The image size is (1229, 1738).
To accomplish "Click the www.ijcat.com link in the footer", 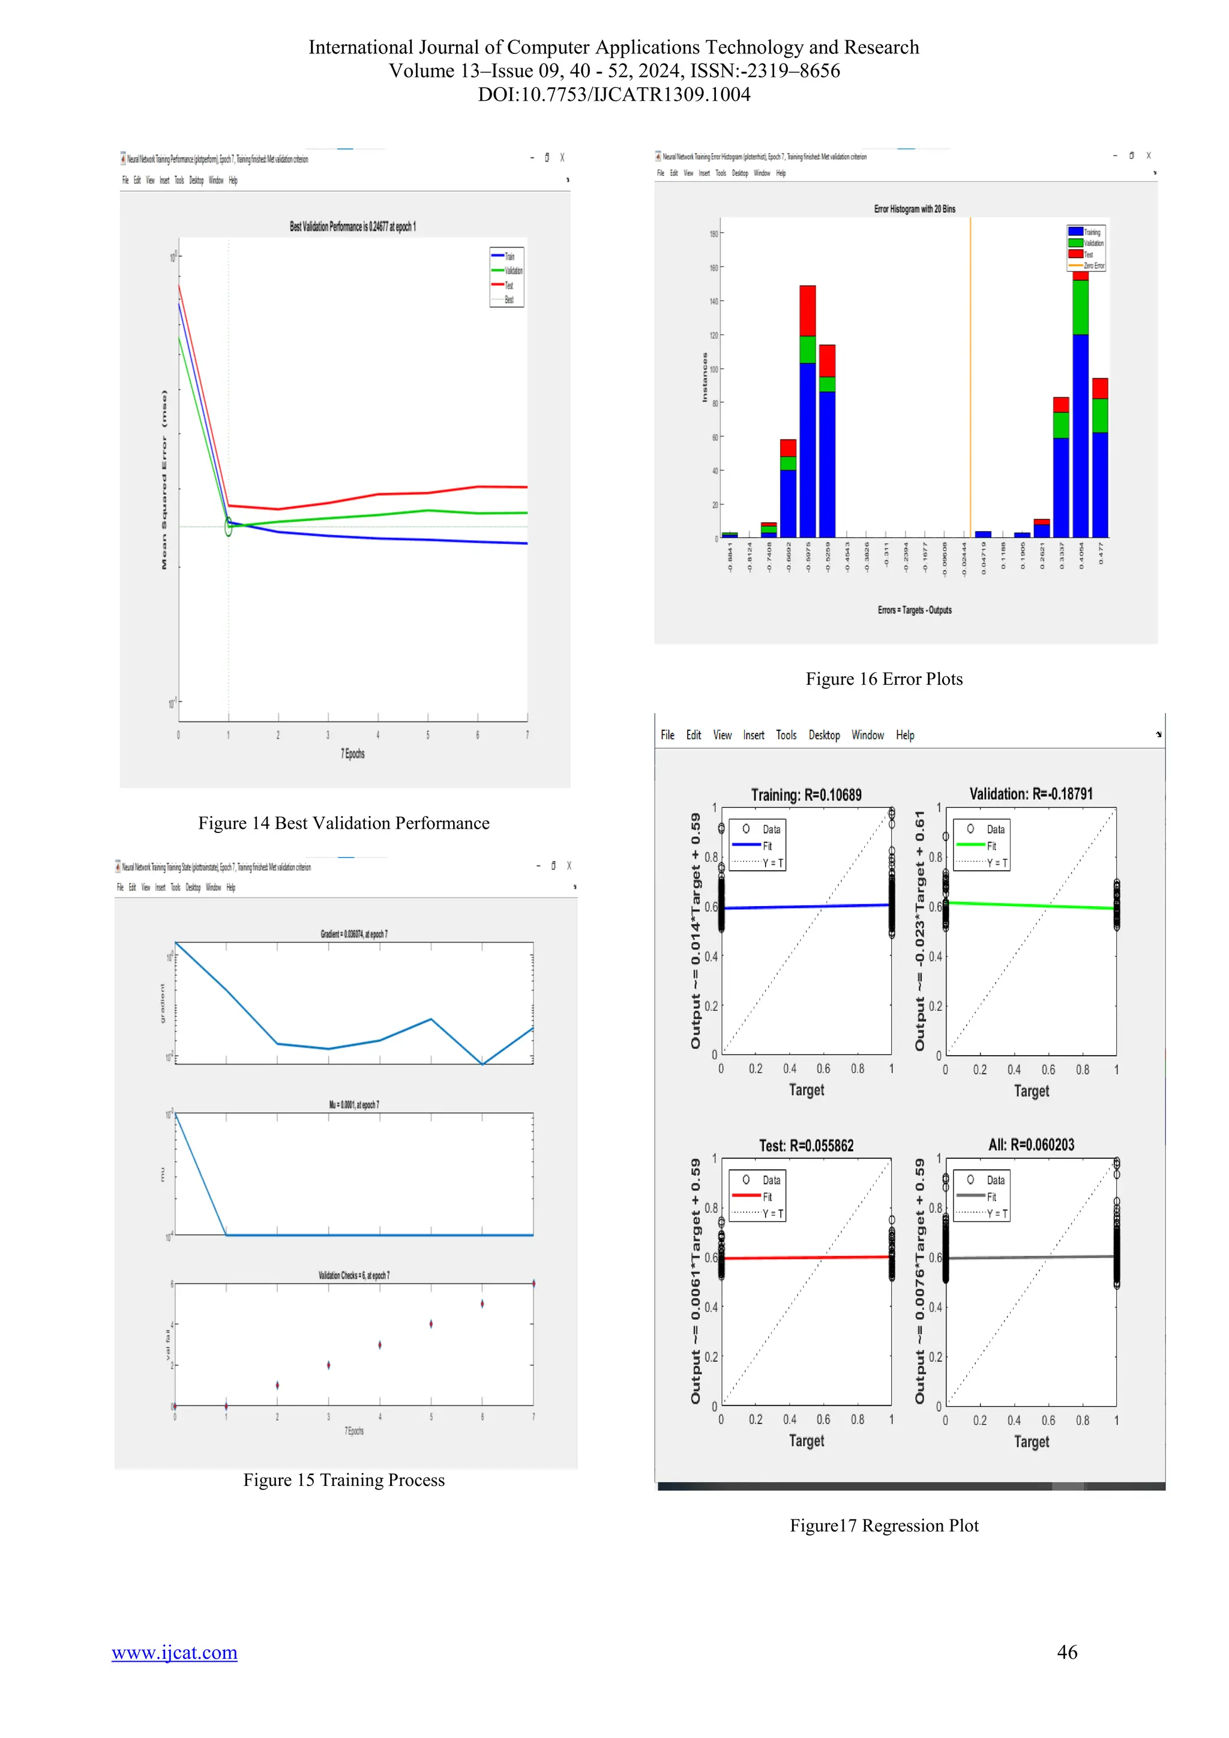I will (x=174, y=1652).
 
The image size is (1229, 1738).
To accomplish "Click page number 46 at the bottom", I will (x=1067, y=1652).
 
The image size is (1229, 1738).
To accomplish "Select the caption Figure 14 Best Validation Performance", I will (x=344, y=823).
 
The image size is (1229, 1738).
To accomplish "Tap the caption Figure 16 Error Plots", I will (x=884, y=679).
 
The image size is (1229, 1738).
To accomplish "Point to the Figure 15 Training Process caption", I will (x=344, y=1480).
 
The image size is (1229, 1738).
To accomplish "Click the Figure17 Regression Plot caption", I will (x=884, y=1526).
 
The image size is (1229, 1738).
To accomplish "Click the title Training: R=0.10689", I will (x=806, y=795).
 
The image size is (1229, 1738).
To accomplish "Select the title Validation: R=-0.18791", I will (x=1031, y=794).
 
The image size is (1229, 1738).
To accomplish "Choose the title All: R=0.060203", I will (x=1031, y=1144).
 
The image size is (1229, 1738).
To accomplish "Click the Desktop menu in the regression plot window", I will (x=824, y=735).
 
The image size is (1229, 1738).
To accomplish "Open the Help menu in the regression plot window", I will (x=905, y=735).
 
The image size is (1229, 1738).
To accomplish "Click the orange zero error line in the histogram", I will (x=971, y=379).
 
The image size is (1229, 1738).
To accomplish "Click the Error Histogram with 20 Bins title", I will (x=914, y=209).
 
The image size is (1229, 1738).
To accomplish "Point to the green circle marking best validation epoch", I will (x=229, y=528).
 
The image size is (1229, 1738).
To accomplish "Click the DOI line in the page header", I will (x=614, y=95).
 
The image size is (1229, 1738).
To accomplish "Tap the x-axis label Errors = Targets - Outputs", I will (x=914, y=610).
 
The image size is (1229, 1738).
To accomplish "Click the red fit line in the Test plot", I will (x=806, y=1257).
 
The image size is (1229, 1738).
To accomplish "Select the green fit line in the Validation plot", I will (x=1031, y=906).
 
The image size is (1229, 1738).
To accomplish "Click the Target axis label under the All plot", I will (x=1031, y=1442).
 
